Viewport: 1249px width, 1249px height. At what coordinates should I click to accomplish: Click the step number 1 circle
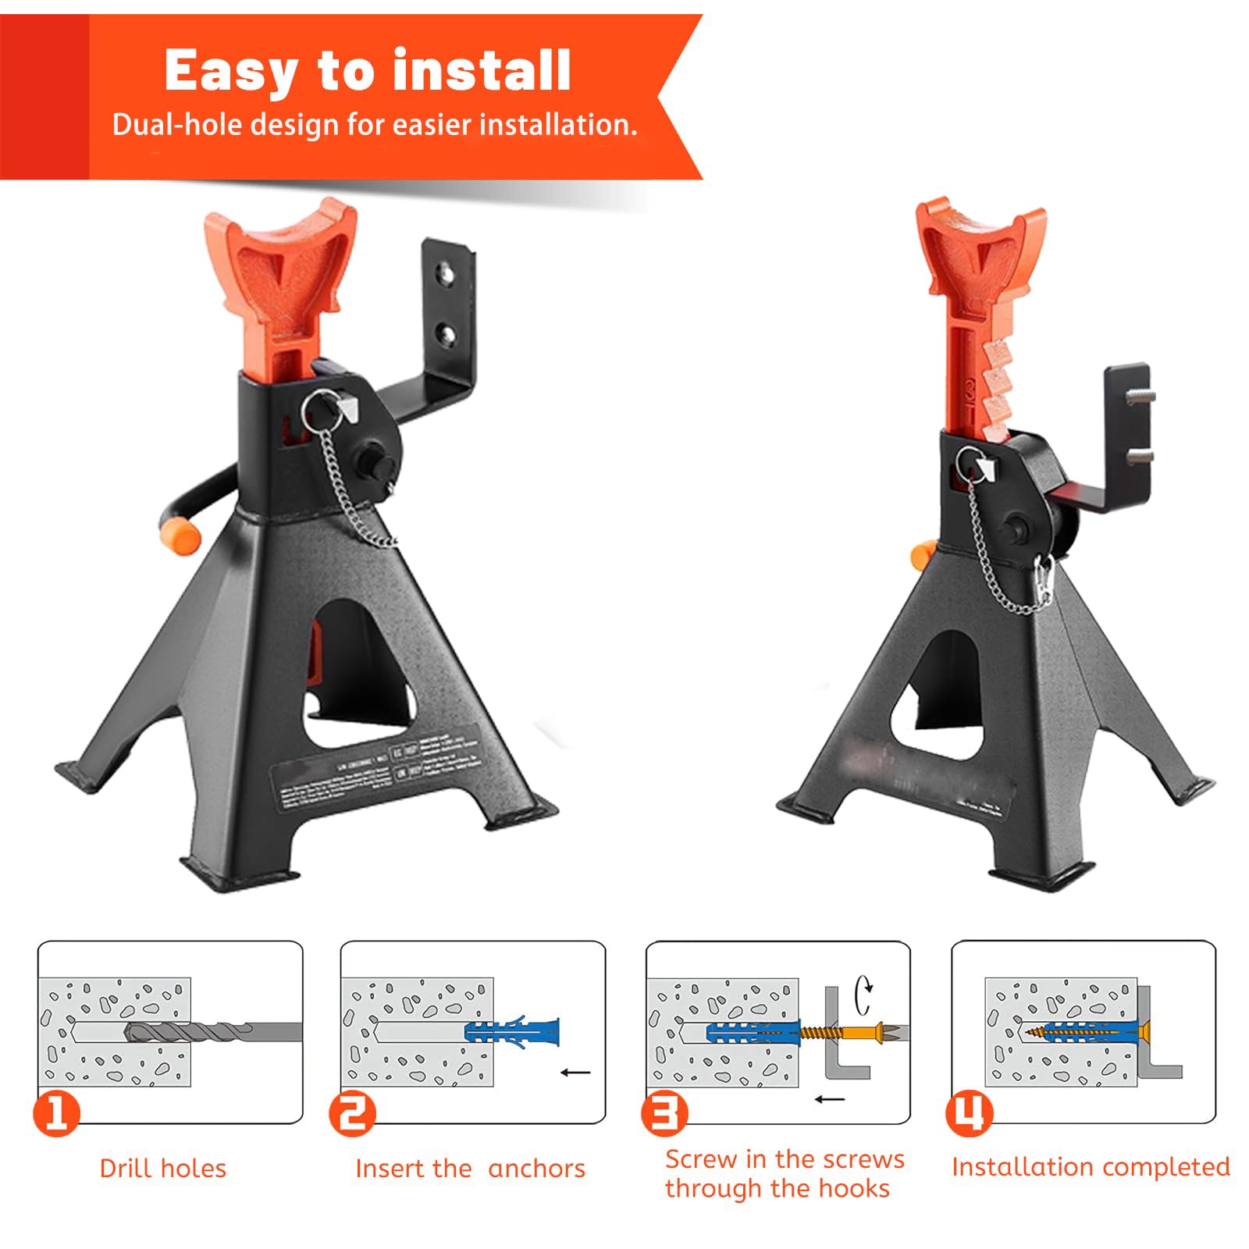[x=56, y=1113]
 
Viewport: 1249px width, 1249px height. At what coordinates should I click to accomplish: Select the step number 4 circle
[x=969, y=1113]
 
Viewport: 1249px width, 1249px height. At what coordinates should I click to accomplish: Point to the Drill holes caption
[x=162, y=1169]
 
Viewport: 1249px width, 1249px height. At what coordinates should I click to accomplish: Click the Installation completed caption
[x=1090, y=1167]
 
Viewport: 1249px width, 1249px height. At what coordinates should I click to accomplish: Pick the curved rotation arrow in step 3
[x=864, y=995]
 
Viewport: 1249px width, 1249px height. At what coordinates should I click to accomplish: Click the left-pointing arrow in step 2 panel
[x=575, y=1073]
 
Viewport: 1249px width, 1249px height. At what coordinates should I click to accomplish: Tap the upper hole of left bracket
[x=447, y=273]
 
